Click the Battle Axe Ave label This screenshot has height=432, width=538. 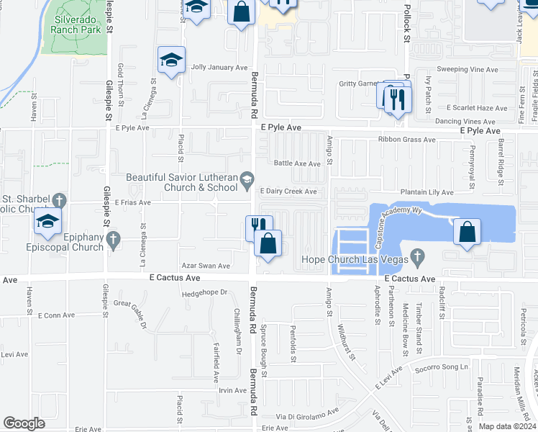point(296,163)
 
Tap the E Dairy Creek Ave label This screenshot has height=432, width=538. point(288,192)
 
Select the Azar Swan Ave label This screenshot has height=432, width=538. point(206,266)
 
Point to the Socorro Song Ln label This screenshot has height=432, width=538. point(439,367)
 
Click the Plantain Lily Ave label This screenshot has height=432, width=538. point(427,192)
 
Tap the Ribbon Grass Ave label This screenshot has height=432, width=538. point(407,140)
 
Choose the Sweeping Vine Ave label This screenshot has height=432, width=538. point(468,70)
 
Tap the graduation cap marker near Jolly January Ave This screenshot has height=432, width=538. point(172,60)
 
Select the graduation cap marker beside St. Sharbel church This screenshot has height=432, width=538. point(47,222)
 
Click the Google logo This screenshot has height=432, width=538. point(24,423)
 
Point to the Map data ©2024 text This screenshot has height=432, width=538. point(506,426)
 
